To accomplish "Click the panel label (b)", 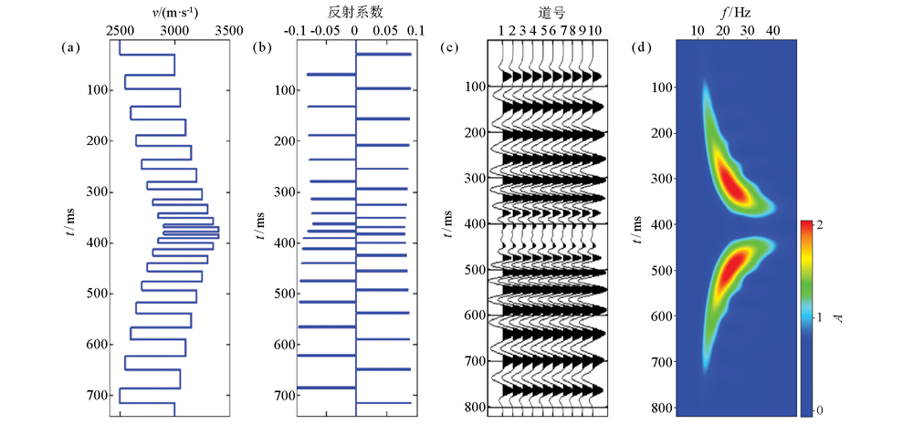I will [x=261, y=47].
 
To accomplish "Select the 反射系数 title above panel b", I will [x=352, y=12].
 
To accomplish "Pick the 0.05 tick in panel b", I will [x=384, y=30].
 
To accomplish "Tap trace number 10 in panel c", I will [x=595, y=30].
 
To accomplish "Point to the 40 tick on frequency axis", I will [x=772, y=30].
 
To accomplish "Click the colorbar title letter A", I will [x=838, y=318].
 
